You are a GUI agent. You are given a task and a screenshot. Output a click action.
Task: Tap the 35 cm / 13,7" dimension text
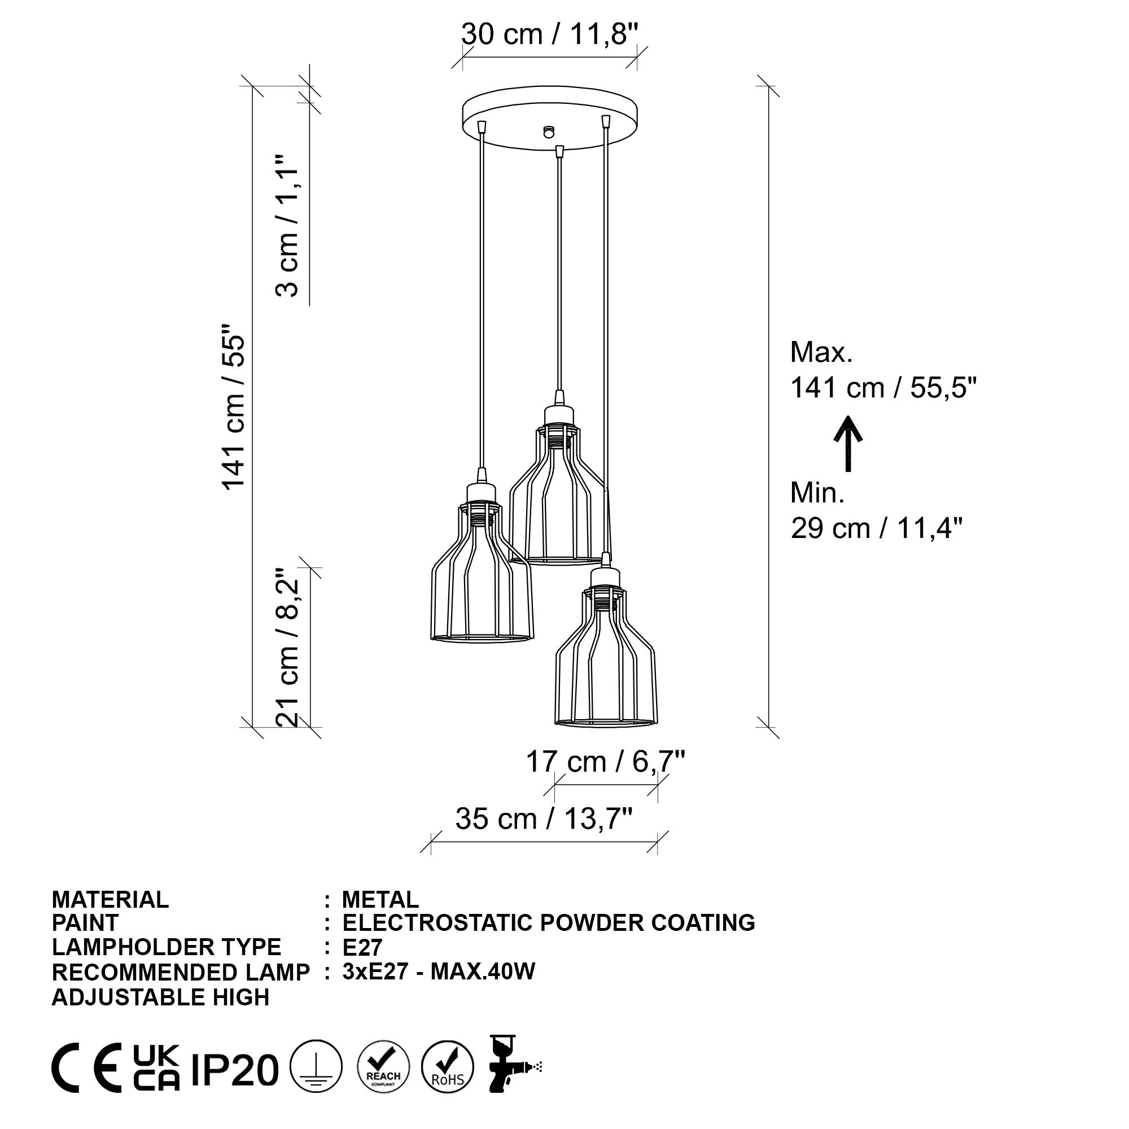point(544,819)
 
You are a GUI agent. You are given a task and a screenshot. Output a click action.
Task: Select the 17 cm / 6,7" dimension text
point(605,762)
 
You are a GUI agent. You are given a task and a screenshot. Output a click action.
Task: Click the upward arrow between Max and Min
point(848,444)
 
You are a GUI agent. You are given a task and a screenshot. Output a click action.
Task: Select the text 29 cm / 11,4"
point(877,528)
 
